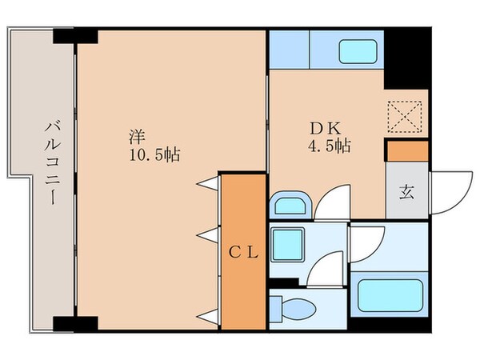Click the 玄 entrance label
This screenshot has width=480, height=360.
pos(406,193)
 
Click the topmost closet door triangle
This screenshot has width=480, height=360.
pos(210,182)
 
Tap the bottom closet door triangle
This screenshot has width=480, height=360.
pos(210,314)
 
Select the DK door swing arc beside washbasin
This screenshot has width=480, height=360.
pos(330,204)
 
